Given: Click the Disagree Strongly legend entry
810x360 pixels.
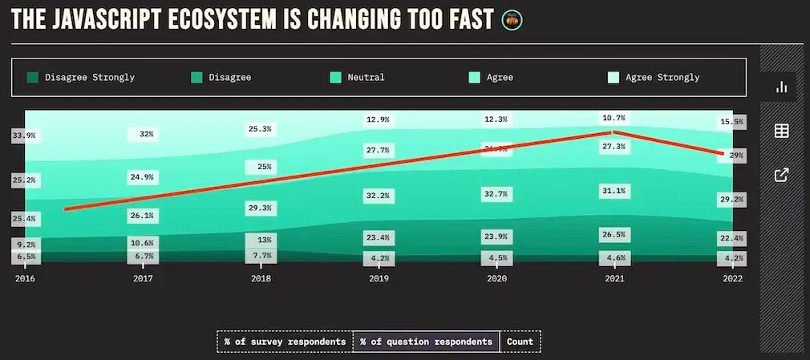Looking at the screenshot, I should click(80, 78).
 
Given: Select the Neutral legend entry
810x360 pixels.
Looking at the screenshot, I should click(358, 78).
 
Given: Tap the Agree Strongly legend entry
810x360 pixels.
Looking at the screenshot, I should click(654, 78).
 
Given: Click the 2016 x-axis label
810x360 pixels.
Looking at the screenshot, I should click(25, 279).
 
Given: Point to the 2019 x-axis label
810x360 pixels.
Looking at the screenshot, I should click(379, 279).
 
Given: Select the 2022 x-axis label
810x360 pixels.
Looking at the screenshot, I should click(732, 279).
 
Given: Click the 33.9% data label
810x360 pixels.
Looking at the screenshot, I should click(24, 136).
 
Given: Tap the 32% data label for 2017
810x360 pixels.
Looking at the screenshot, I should click(146, 135).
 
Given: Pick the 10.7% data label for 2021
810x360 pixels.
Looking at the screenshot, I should click(614, 118).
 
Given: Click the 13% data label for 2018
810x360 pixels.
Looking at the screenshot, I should click(264, 240).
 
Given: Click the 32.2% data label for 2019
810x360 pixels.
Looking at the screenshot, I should click(379, 195).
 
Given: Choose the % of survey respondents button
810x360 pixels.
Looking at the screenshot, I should click(285, 342).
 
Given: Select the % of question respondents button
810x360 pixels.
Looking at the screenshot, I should click(426, 342).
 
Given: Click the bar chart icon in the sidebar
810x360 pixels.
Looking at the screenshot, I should click(780, 87).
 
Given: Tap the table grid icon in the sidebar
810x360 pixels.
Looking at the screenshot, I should click(780, 131).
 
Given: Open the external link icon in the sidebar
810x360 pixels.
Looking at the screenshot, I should click(780, 175).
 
